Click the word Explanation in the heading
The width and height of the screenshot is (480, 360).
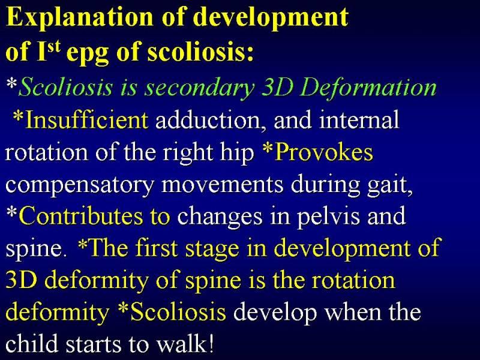coord(80,18)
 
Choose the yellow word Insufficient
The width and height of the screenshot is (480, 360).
coord(87,120)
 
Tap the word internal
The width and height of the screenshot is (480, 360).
coord(359,119)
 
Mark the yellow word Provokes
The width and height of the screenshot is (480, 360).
coord(323,152)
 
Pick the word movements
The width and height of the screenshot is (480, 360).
coord(222,185)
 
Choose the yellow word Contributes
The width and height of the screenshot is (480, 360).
coord(81,217)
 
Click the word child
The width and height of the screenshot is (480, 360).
coord(32,344)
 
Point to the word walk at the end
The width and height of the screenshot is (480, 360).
coord(181,344)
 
